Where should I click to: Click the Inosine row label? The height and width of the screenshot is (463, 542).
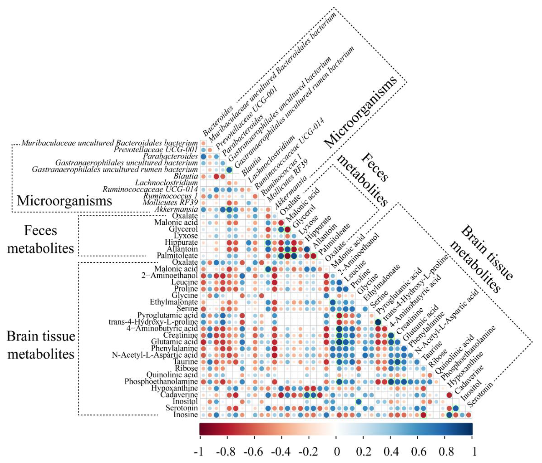coord(186,415)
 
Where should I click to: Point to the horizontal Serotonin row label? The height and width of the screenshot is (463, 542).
coord(182,408)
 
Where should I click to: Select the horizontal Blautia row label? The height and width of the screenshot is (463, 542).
coord(186,176)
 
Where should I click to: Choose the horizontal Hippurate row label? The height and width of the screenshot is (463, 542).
coord(181,242)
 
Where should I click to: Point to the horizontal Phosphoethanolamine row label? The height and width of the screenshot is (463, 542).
coord(161,381)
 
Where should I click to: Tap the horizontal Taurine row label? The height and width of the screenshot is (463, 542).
coord(186,361)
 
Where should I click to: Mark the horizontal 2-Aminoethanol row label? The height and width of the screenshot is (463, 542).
coord(169,275)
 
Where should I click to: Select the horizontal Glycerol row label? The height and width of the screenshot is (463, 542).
coord(183,229)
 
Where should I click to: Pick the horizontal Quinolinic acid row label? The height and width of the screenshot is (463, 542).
coord(172,375)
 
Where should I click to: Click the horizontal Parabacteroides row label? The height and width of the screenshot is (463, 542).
coord(170,156)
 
